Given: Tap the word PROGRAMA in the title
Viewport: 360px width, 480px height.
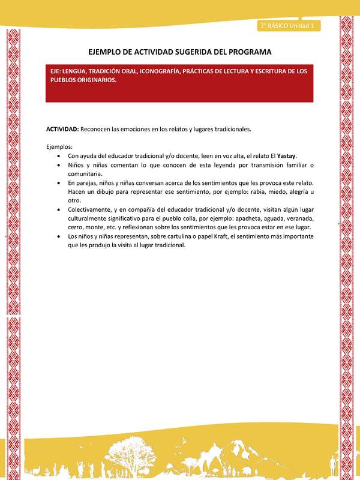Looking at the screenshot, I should pyautogui.click(x=247, y=52).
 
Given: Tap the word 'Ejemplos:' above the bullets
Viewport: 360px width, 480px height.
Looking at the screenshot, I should pyautogui.click(x=59, y=146).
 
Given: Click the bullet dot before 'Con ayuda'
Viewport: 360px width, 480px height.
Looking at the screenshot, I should pyautogui.click(x=58, y=156).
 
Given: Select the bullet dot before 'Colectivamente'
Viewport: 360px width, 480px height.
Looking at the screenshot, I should pyautogui.click(x=58, y=210).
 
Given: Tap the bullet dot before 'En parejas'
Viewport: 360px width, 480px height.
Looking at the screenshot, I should pyautogui.click(x=58, y=182).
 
